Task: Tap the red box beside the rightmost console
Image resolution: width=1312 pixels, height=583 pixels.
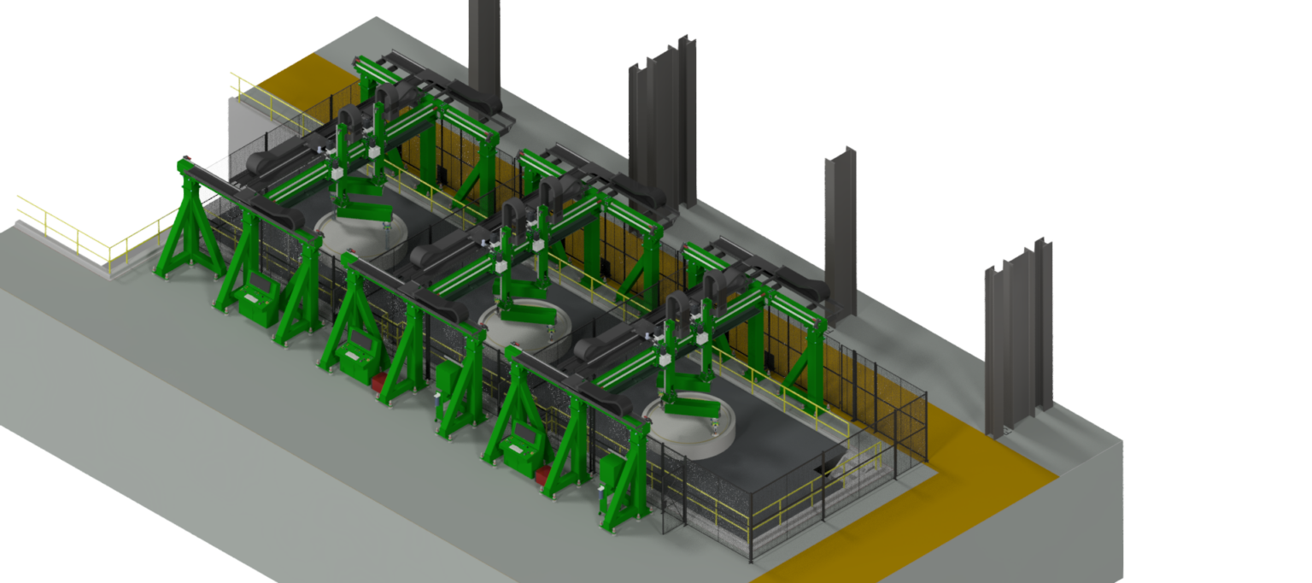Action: coord(542,474)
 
